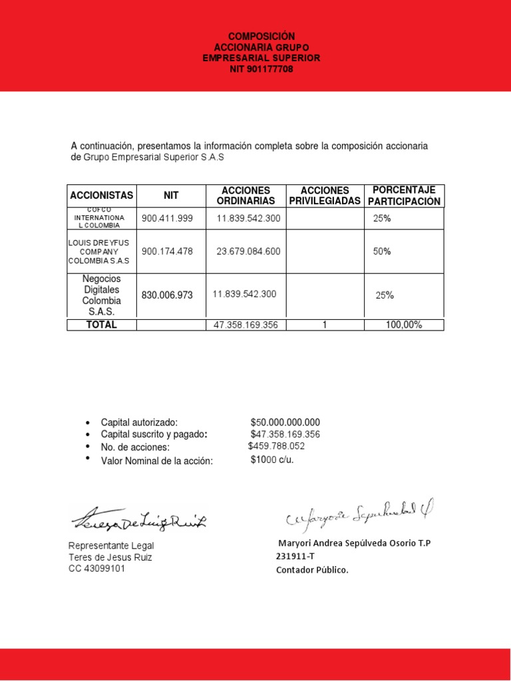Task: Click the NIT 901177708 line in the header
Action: [261, 69]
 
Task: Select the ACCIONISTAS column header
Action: [102, 196]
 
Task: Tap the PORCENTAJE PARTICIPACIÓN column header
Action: [404, 196]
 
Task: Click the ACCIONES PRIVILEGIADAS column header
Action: [325, 196]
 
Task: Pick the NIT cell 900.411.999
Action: [167, 218]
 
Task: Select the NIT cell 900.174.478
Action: [167, 251]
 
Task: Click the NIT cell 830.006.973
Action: [167, 295]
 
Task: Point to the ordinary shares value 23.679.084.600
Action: [248, 251]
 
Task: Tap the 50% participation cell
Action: [382, 251]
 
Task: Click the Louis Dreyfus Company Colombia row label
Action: [99, 252]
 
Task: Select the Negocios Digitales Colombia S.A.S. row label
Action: [102, 295]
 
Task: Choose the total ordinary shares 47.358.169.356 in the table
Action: [246, 325]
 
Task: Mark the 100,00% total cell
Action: [404, 325]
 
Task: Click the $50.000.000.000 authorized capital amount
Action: [285, 422]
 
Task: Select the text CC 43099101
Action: [96, 569]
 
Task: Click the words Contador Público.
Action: [312, 570]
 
